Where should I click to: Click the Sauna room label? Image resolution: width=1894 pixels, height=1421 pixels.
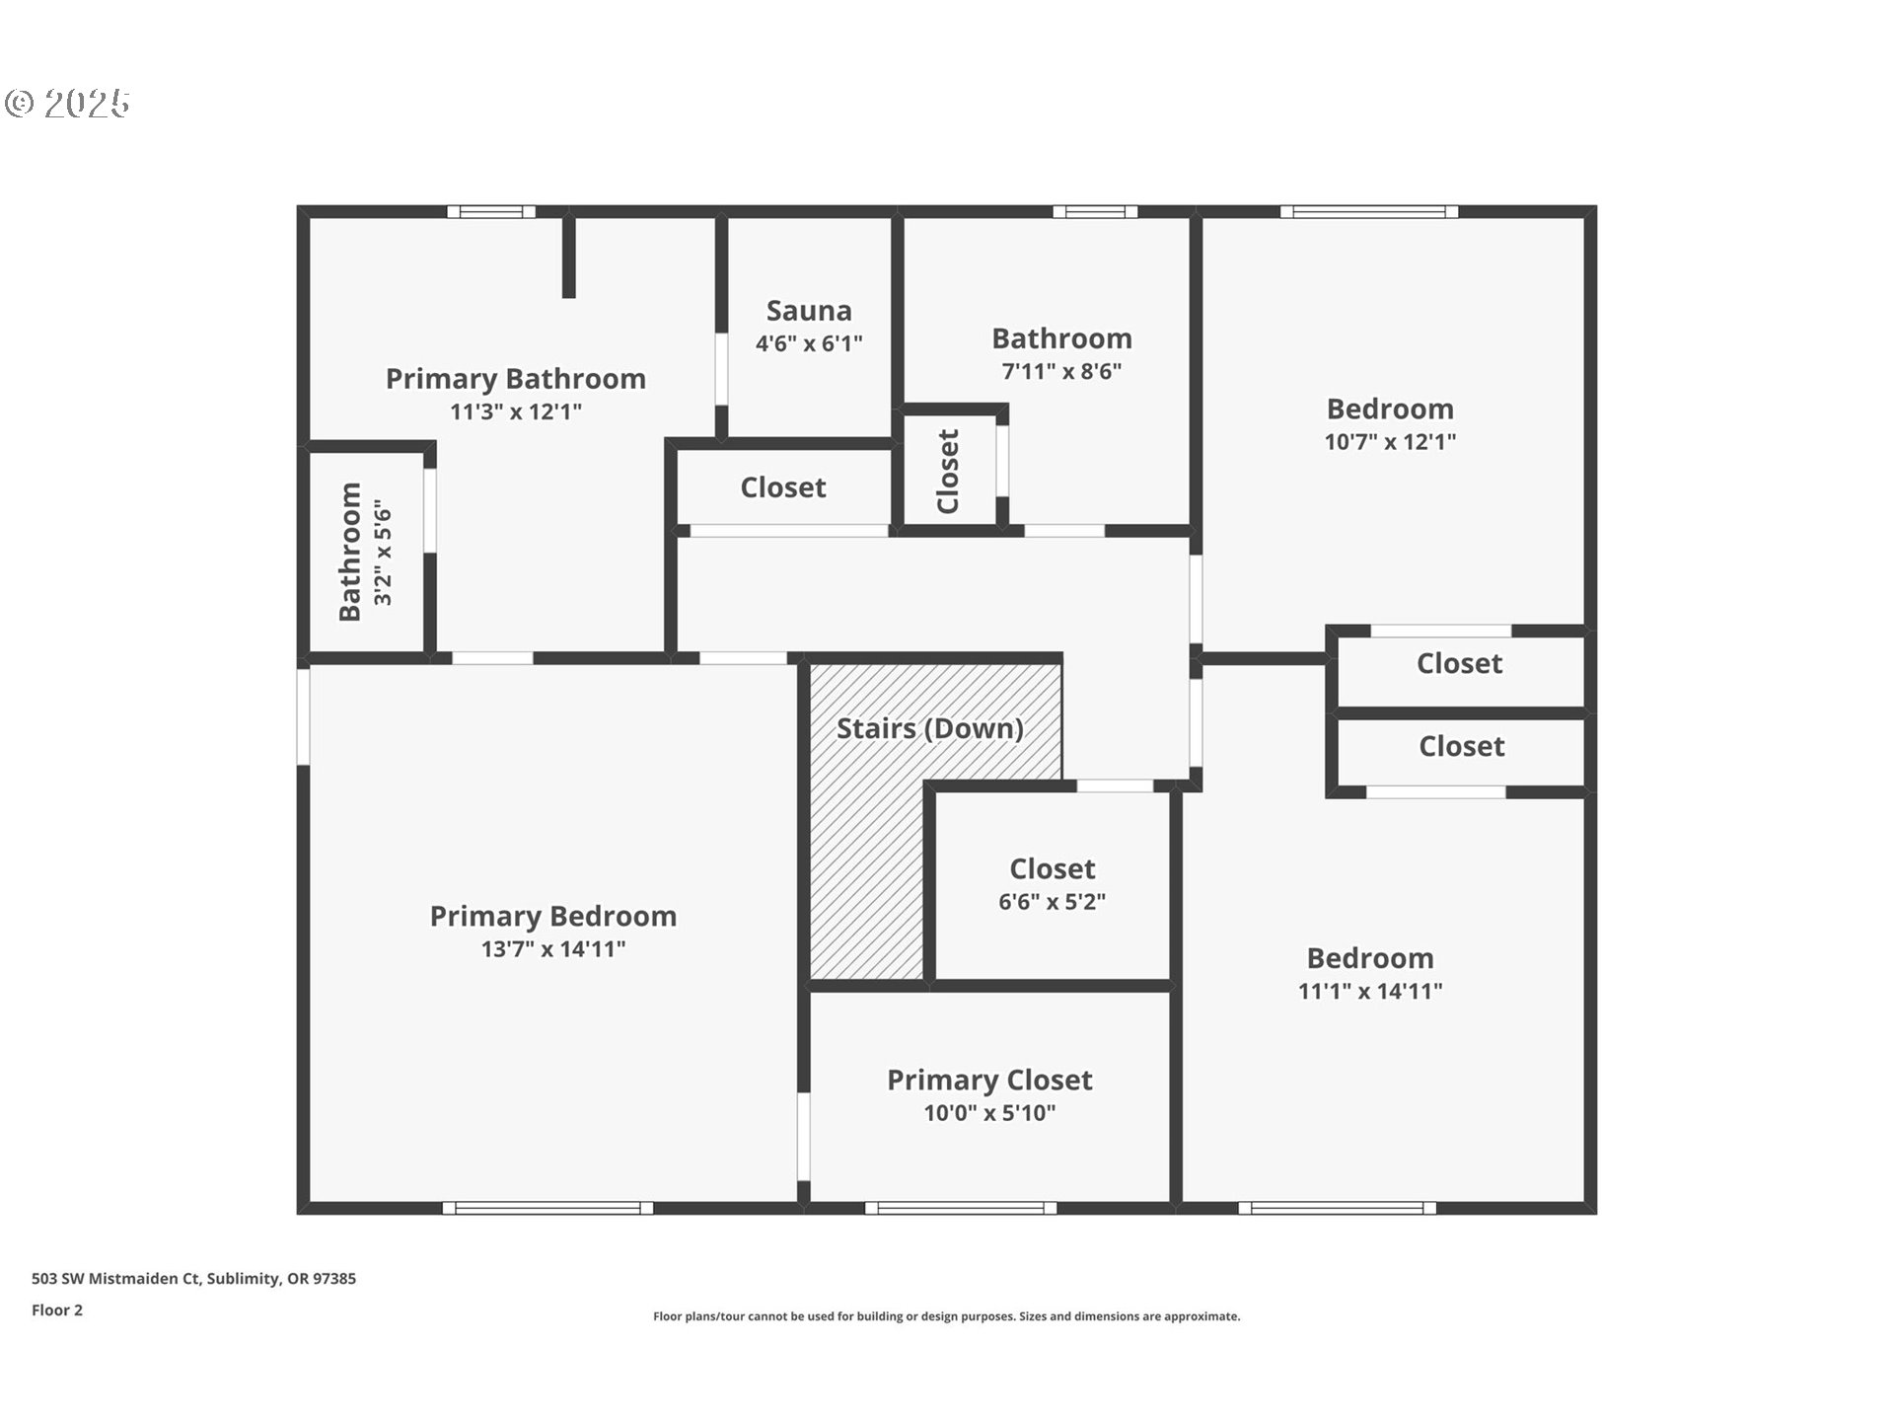[809, 311]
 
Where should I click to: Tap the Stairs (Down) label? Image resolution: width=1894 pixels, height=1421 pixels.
[930, 728]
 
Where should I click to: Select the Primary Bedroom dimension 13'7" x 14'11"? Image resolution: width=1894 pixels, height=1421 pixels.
[553, 948]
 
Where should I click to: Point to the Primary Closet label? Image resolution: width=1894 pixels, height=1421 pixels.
[989, 1081]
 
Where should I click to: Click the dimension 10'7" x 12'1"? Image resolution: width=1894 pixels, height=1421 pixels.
[1390, 441]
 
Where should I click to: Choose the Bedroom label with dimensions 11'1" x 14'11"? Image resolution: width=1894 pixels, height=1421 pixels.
[1370, 958]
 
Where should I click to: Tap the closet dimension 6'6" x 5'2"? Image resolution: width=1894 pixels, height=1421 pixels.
[1053, 901]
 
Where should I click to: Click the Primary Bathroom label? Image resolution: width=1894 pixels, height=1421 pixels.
[516, 379]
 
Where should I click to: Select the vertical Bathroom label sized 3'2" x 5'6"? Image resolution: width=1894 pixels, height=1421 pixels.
[350, 552]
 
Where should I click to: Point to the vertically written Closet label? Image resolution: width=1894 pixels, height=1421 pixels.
[948, 472]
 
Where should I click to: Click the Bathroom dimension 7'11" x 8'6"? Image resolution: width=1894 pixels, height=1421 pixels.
[1061, 371]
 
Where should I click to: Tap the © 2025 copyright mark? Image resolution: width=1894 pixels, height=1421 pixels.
[67, 103]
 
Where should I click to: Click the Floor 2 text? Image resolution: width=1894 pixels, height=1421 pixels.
[57, 1310]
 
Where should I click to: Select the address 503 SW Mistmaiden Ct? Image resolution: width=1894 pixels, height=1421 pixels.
[116, 1279]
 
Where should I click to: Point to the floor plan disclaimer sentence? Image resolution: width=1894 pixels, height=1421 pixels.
[947, 1316]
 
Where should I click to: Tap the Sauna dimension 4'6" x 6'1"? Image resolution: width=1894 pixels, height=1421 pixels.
[809, 343]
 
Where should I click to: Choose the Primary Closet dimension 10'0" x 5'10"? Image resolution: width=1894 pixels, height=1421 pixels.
[989, 1113]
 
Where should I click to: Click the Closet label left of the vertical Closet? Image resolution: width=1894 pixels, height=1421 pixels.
[783, 487]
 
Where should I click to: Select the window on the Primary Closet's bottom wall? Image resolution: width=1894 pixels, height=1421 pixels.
[961, 1208]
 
